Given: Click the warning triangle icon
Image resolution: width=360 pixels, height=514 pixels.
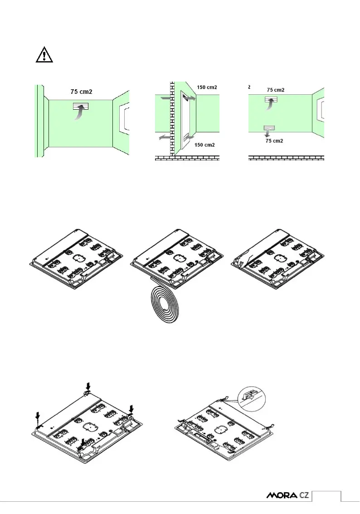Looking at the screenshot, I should click(44, 54).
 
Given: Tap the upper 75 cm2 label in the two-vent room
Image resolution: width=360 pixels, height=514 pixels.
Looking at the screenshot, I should click(276, 90).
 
